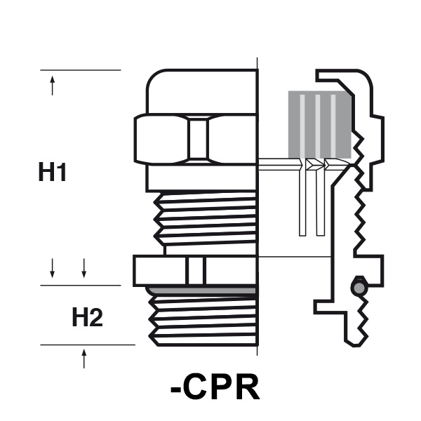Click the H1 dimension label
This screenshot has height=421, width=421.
(53, 172)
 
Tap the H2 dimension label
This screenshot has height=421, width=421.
(87, 319)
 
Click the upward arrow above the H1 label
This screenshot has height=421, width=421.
(53, 87)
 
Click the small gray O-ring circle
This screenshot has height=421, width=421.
(359, 288)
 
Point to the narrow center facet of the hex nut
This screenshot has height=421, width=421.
(198, 139)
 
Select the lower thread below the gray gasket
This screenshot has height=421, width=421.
(203, 319)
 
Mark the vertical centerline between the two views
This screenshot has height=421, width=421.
(260, 210)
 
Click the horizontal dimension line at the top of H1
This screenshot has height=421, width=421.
(81, 70)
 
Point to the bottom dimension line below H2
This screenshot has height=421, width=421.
(88, 345)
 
